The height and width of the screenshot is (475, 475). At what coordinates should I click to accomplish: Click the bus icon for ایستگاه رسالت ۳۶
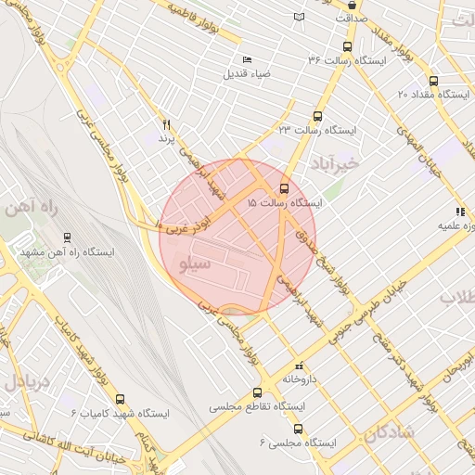click(348, 47)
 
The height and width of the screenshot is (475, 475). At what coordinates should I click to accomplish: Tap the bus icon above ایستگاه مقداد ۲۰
click(432, 81)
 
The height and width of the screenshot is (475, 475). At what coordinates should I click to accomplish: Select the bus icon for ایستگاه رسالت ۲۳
click(317, 117)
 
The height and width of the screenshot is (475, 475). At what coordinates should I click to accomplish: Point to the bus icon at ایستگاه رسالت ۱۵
click(284, 188)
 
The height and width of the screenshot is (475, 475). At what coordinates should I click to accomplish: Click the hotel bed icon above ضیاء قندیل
click(247, 59)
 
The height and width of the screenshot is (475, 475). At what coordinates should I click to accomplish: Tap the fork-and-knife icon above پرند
click(166, 124)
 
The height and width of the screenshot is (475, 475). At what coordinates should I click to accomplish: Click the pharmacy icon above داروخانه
click(298, 366)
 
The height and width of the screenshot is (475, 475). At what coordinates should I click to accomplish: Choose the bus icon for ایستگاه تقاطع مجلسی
click(257, 393)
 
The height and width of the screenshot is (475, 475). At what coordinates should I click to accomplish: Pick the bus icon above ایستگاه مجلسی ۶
click(298, 429)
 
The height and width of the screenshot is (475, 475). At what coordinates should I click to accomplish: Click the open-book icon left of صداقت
click(298, 17)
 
